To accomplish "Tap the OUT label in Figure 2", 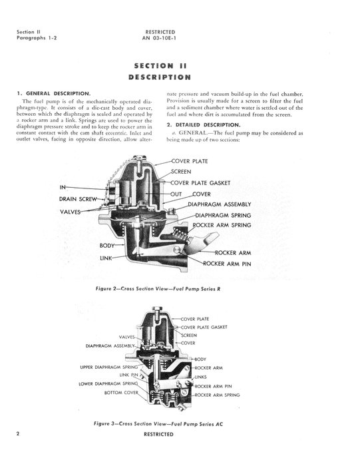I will tap(176, 194).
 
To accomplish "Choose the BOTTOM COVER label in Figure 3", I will tap(121, 393).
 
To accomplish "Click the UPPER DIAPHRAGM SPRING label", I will tap(109, 367).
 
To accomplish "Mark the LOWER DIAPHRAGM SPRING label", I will tap(109, 384).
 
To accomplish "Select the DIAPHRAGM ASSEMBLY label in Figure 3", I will tap(110, 346).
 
